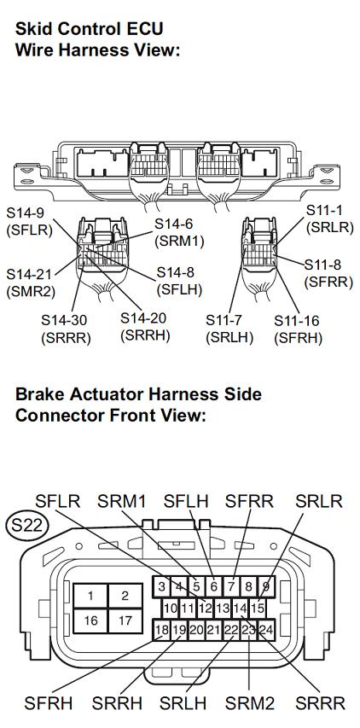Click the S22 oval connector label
pyautogui.click(x=27, y=525)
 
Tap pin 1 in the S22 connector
pyautogui.click(x=90, y=596)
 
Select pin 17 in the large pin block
pyautogui.click(x=125, y=620)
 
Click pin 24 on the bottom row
pyautogui.click(x=266, y=630)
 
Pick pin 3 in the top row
pyautogui.click(x=161, y=586)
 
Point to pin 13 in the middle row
pyautogui.click(x=223, y=608)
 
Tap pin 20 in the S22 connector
pyautogui.click(x=197, y=630)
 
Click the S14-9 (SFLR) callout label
pyautogui.click(x=29, y=221)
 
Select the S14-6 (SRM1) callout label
pyautogui.click(x=179, y=232)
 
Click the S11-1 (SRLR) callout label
pyautogui.click(x=330, y=218)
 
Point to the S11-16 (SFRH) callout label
pyautogui.click(x=298, y=329)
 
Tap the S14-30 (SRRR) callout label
pyautogui.click(x=65, y=329)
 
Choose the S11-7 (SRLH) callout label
pyautogui.click(x=229, y=329)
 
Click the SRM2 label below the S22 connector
pyautogui.click(x=250, y=703)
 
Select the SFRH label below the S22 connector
pyautogui.click(x=49, y=703)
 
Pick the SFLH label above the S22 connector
pyautogui.click(x=186, y=502)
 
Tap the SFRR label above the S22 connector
pyautogui.click(x=250, y=502)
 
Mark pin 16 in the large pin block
pyautogui.click(x=90, y=620)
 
